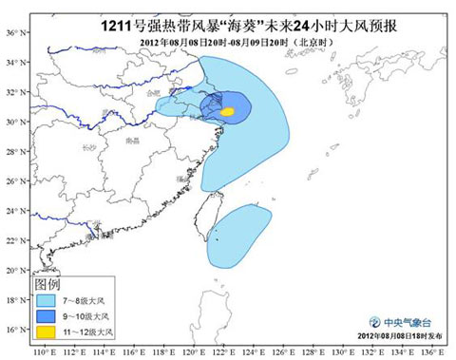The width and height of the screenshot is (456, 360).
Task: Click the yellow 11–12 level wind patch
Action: [x=227, y=111]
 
